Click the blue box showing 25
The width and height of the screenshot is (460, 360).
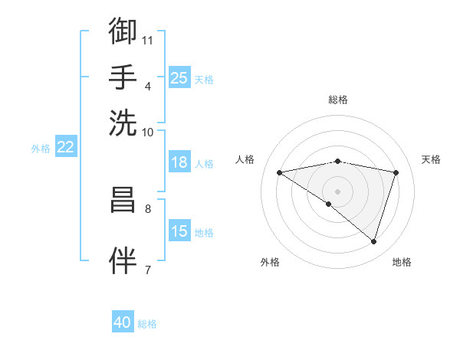[179, 77]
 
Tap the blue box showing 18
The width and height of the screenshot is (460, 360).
[179, 162]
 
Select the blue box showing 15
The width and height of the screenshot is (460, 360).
[179, 231]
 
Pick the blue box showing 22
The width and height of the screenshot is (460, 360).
[65, 147]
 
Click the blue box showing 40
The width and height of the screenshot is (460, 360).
[123, 322]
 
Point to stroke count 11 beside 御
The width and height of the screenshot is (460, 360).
[148, 39]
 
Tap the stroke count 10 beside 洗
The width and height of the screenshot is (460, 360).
[148, 132]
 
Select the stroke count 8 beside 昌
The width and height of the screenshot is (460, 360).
[147, 208]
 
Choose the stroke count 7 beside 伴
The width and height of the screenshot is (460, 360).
[147, 269]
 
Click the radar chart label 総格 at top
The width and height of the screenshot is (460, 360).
[337, 100]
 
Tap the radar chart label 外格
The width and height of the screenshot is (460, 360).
[270, 262]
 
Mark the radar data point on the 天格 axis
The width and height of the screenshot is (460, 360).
[396, 172]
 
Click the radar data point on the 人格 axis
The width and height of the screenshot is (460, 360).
[279, 172]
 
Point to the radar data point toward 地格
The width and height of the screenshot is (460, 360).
[373, 241]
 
